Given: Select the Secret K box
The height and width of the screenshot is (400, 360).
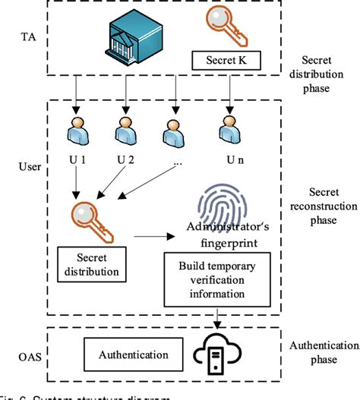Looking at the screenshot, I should tap(226, 58).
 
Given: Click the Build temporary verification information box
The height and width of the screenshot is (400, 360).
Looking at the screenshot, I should tap(218, 278).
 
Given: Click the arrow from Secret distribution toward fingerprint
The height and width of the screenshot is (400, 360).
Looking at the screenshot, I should tap(151, 238).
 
